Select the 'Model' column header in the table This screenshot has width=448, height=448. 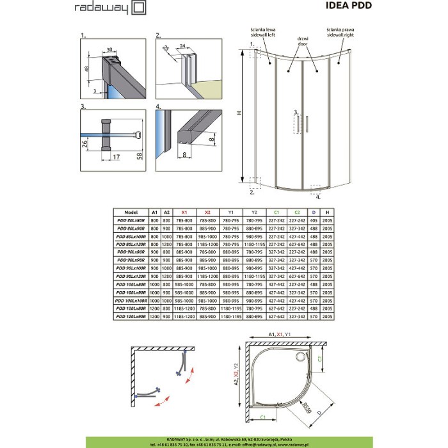pyautogui.click(x=131, y=212)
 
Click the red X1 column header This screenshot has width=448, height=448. pyautogui.click(x=186, y=212)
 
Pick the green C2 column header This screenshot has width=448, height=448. pyautogui.click(x=297, y=212)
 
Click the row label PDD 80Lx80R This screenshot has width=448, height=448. pyautogui.click(x=131, y=220)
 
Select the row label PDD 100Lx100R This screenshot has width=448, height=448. pyautogui.click(x=131, y=300)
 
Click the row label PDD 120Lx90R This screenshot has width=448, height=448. pyautogui.click(x=131, y=316)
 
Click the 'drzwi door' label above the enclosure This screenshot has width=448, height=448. pyautogui.click(x=295, y=41)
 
